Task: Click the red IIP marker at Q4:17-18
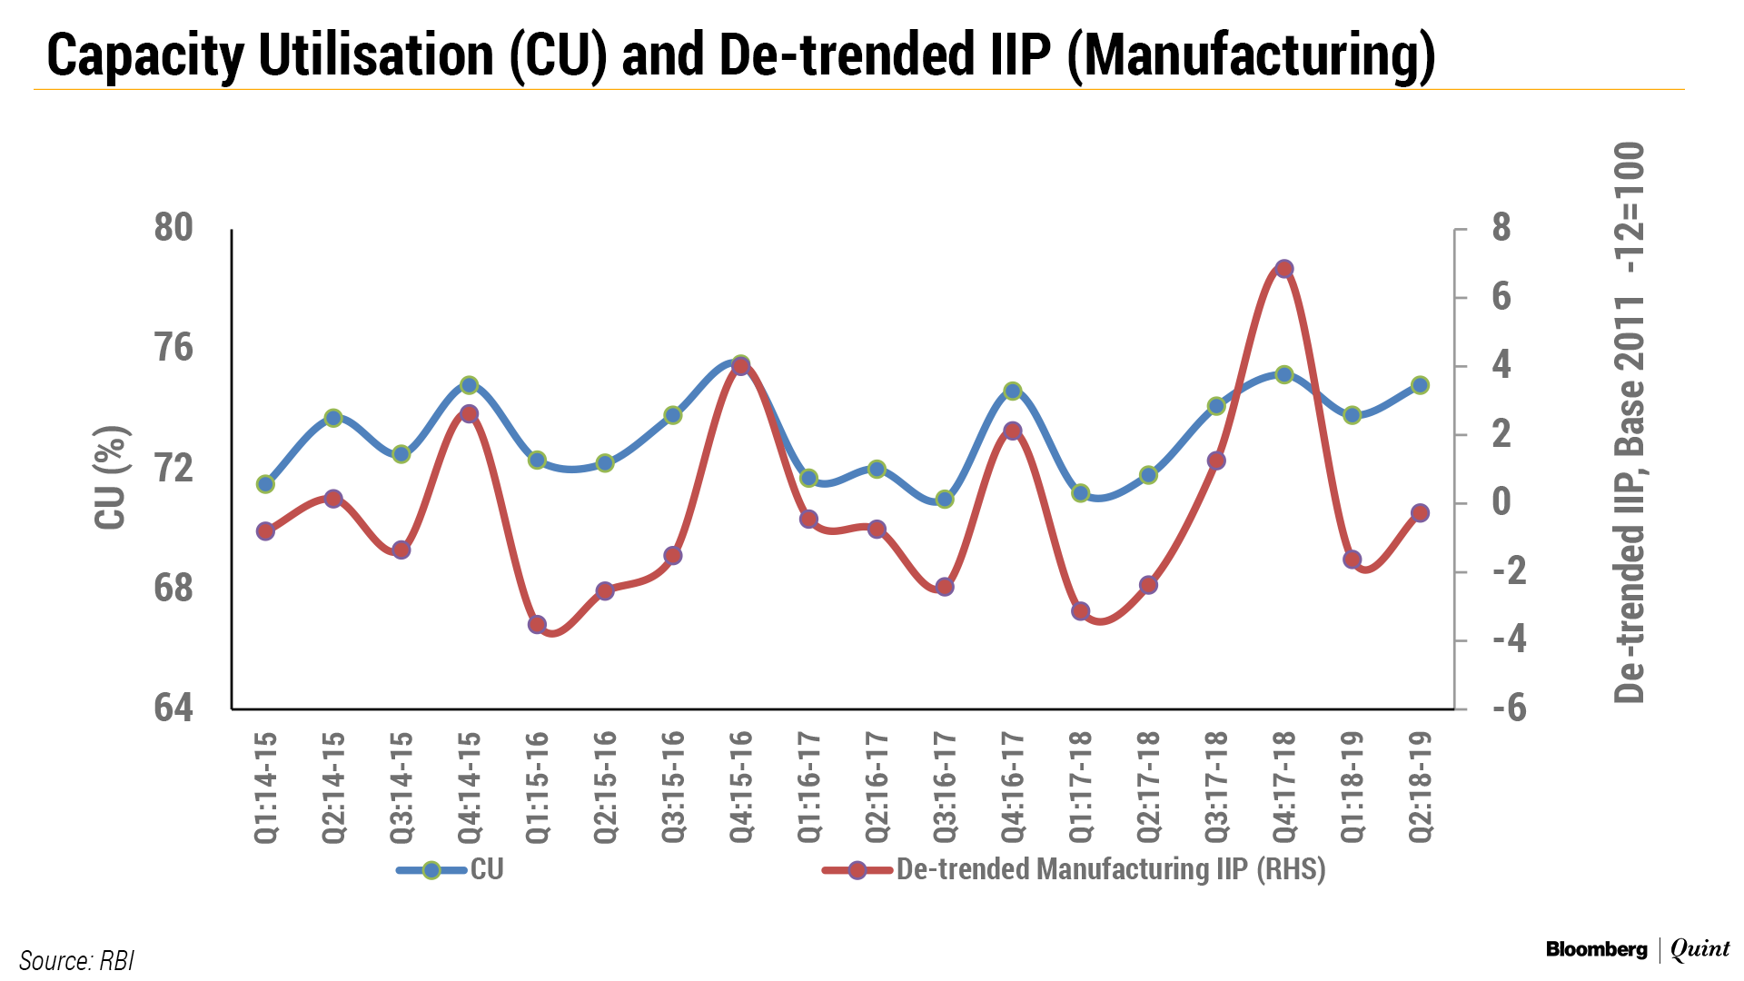click(x=1283, y=269)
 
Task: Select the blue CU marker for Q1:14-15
click(x=265, y=484)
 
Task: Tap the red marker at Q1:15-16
click(x=537, y=625)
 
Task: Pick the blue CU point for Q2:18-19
click(x=1420, y=385)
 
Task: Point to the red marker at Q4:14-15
click(x=469, y=414)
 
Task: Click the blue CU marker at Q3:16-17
click(x=945, y=499)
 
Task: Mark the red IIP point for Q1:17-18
click(x=1080, y=611)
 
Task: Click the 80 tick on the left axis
click(x=173, y=228)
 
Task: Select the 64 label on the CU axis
click(x=173, y=708)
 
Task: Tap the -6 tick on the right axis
click(x=1509, y=708)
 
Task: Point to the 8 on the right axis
click(x=1501, y=228)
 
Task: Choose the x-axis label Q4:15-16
click(x=741, y=787)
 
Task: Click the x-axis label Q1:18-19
click(x=1353, y=787)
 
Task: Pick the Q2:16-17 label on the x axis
click(x=877, y=787)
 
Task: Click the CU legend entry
click(x=486, y=870)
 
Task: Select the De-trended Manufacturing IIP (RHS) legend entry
click(x=1110, y=870)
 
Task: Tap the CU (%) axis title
click(x=111, y=478)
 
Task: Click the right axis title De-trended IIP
click(x=1629, y=422)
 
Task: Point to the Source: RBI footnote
click(x=76, y=960)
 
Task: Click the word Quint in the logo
click(x=1699, y=949)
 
